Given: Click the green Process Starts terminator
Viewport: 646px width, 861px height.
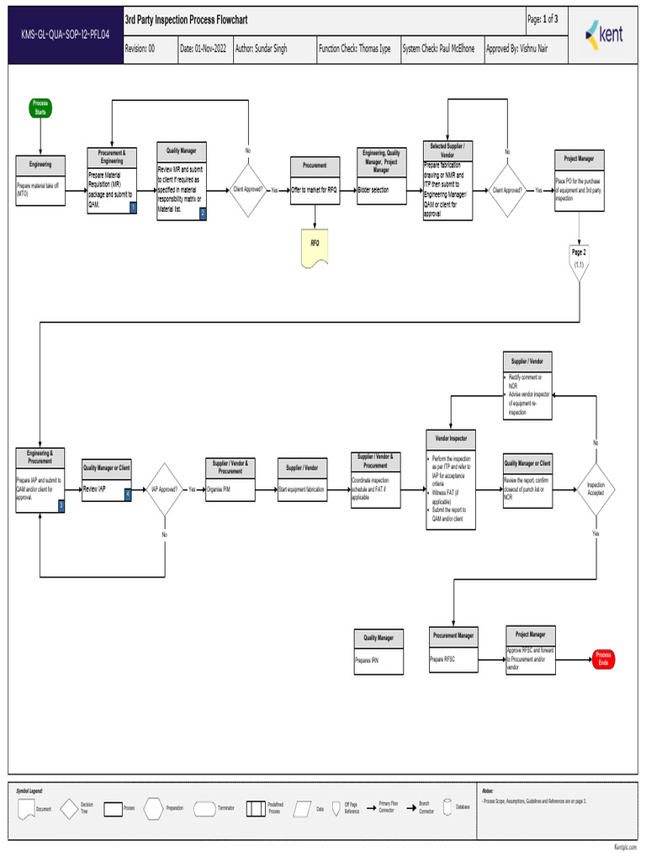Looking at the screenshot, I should [x=40, y=108].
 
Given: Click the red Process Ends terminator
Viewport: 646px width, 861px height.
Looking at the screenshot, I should [x=602, y=659].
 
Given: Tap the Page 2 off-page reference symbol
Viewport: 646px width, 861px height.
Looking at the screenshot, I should [x=579, y=258].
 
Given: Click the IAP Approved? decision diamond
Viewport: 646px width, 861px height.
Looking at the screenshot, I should [x=164, y=489].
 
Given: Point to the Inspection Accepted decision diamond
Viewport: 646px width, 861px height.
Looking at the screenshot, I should [x=596, y=489].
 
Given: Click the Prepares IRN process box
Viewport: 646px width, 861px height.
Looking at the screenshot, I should [x=378, y=661].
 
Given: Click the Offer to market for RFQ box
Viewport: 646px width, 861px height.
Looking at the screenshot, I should [x=315, y=191].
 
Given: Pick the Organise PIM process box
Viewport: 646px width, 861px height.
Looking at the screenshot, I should [x=230, y=489].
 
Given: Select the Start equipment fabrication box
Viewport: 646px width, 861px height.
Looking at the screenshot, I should [x=302, y=489].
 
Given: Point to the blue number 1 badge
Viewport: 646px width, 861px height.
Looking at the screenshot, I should [x=133, y=208].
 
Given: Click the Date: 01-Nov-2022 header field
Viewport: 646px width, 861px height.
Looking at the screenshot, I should [x=203, y=49].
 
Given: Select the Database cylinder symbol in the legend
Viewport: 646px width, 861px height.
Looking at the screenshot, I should [x=447, y=808].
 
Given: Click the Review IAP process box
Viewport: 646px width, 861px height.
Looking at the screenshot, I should [x=107, y=489].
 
